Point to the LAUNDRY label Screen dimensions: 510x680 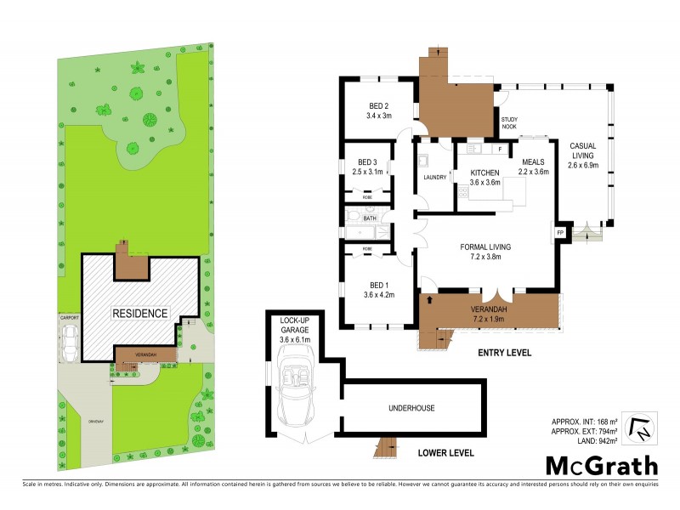[x=434, y=178]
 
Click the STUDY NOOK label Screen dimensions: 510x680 [x=509, y=123]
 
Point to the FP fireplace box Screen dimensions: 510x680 [x=560, y=232]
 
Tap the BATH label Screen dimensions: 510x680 [x=369, y=218]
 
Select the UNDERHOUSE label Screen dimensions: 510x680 [x=412, y=408]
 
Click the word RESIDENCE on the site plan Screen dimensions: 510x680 [x=140, y=313]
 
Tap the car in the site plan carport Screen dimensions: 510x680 [x=68, y=344]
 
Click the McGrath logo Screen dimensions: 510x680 [x=601, y=465]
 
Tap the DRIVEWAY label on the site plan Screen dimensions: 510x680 [x=95, y=422]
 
